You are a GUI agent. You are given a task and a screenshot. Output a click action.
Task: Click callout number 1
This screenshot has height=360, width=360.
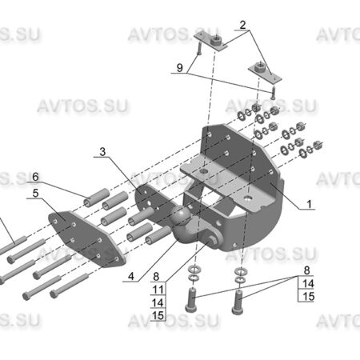309,204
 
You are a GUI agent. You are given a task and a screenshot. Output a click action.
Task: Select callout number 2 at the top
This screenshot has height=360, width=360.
242,25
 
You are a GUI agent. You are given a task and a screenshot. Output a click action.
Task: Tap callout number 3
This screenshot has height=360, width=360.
102,152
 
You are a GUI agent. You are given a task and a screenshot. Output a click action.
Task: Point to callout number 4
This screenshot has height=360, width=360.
131,276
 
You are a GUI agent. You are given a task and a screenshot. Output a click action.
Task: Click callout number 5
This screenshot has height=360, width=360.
35,193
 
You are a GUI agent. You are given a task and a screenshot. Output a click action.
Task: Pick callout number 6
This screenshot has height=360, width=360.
35,177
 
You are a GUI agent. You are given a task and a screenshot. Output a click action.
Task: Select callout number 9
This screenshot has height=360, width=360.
180,68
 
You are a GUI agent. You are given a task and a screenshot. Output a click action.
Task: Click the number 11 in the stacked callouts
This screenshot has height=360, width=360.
158,290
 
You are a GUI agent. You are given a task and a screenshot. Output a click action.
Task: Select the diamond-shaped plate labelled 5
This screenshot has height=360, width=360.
86,238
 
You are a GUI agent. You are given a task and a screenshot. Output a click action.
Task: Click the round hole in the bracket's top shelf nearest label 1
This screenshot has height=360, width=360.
249,198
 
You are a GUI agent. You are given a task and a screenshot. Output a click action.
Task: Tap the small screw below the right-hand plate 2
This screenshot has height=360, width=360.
274,92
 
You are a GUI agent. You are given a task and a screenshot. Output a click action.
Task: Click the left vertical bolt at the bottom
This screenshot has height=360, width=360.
191,300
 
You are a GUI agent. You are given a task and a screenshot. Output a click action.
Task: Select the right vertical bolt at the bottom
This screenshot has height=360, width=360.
238,302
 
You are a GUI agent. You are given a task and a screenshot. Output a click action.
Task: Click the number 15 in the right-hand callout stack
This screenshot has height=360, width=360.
309,296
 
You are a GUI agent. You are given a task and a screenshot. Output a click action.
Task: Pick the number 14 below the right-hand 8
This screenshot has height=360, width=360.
309,283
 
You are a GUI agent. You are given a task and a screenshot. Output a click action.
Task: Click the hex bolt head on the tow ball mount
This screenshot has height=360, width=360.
213,240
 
